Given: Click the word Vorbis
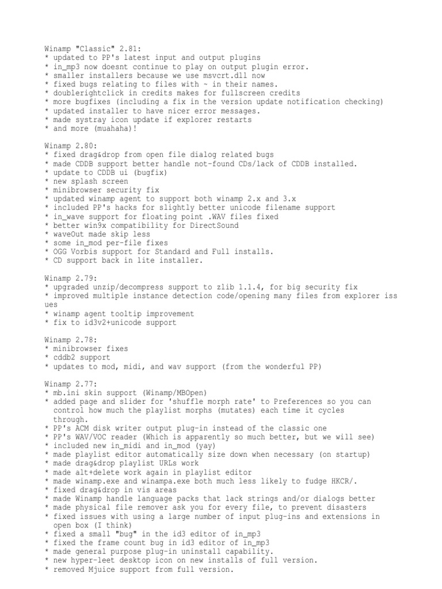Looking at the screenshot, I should click(x=87, y=252).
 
